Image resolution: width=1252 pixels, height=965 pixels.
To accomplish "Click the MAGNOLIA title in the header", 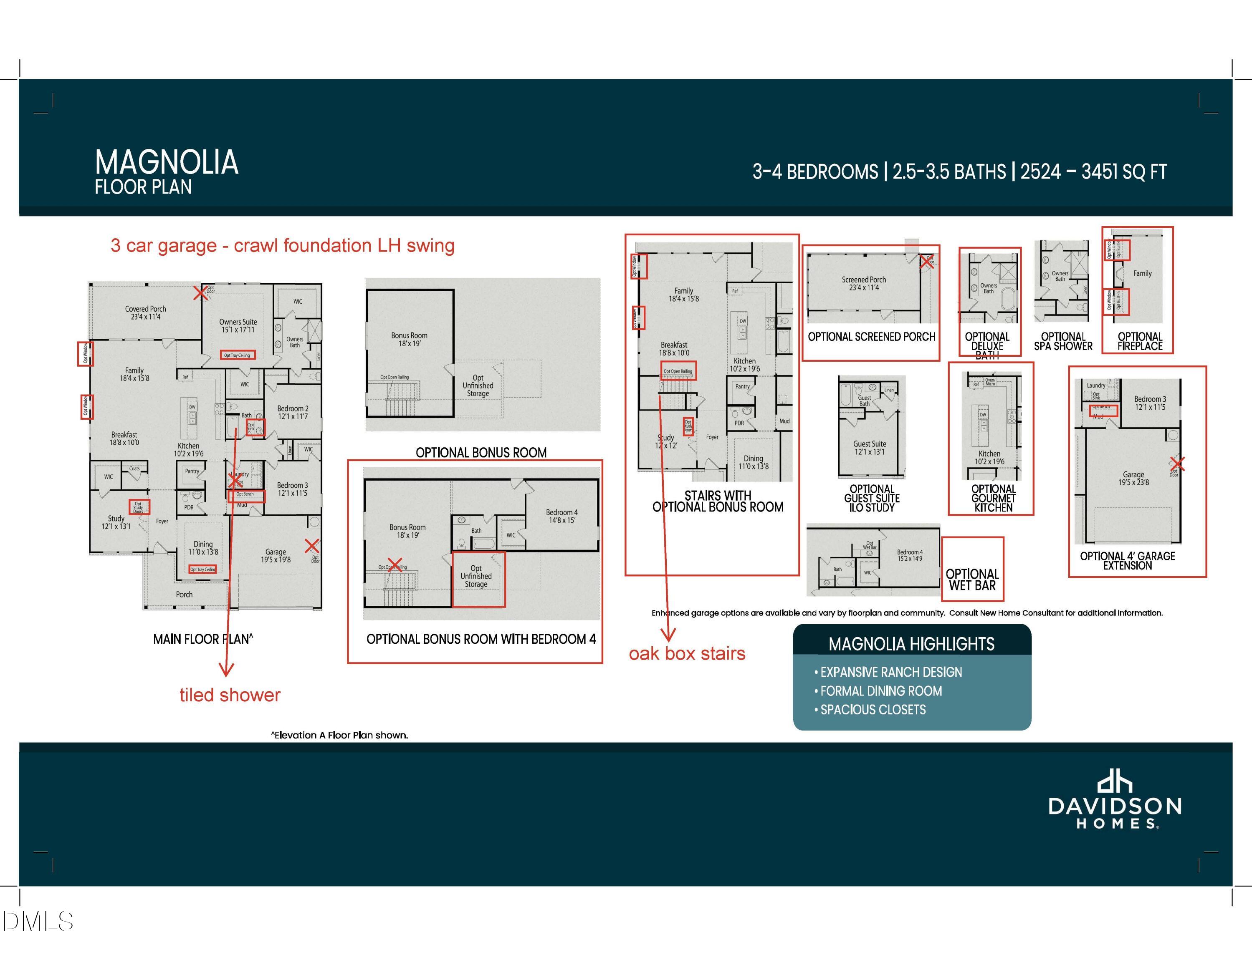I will [166, 162].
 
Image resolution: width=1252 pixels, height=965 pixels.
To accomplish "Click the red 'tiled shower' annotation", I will [230, 695].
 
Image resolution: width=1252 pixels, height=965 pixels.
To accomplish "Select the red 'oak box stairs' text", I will [687, 654].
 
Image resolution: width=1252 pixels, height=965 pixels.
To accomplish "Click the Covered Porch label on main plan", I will [146, 312].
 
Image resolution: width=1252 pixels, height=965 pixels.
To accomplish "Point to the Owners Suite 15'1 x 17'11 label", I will [238, 325].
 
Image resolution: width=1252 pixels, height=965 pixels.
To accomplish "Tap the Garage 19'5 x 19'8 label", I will [276, 556].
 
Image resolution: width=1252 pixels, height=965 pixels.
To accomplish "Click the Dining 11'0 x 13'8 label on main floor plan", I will [203, 548].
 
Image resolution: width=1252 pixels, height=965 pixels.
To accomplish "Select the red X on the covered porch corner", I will [200, 293].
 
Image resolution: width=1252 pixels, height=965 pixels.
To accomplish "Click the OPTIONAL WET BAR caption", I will [972, 580].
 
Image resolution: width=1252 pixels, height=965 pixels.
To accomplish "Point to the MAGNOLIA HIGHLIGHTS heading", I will [911, 644].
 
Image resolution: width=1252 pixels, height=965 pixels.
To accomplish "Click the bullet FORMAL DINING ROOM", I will [880, 691].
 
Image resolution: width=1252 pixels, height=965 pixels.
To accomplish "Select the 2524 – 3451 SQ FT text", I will [1093, 172].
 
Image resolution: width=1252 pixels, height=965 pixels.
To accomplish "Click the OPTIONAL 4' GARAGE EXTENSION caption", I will [1127, 560].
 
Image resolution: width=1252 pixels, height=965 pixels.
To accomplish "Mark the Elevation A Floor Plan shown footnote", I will [339, 735].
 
